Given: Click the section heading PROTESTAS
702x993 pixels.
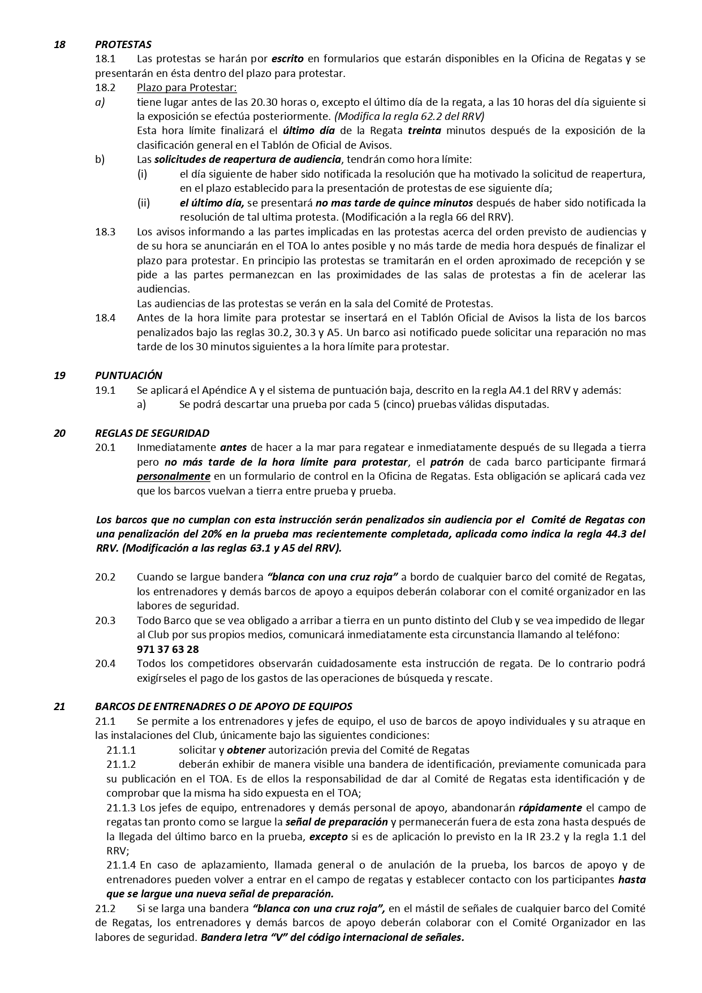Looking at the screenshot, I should pos(123,44).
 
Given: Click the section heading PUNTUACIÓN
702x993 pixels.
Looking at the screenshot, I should pos(128,375).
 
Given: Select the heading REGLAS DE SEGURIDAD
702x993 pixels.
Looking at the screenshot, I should pos(152,433).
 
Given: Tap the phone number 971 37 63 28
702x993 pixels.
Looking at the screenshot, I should pos(167,650).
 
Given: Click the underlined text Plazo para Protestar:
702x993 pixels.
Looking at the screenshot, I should pos(187,88).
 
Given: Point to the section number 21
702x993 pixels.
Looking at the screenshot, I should pos(59,707).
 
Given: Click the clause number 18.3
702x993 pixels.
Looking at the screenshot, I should pos(105,231).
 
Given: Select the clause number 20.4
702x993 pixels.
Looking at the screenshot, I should pos(105,664).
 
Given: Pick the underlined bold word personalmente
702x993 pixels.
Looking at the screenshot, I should pos(173,476).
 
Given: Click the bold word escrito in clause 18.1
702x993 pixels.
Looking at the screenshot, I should pos(287,59).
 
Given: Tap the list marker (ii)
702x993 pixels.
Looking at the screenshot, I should pos(143,203).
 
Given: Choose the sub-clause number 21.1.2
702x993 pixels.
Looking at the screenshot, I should pos(121,764).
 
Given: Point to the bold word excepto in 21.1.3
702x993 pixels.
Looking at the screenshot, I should pos(329,837).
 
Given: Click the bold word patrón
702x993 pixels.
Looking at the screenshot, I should pos(447,462).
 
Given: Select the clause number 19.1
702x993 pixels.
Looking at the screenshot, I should pos(105,390).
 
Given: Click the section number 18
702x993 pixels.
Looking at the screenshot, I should pos(59,44).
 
